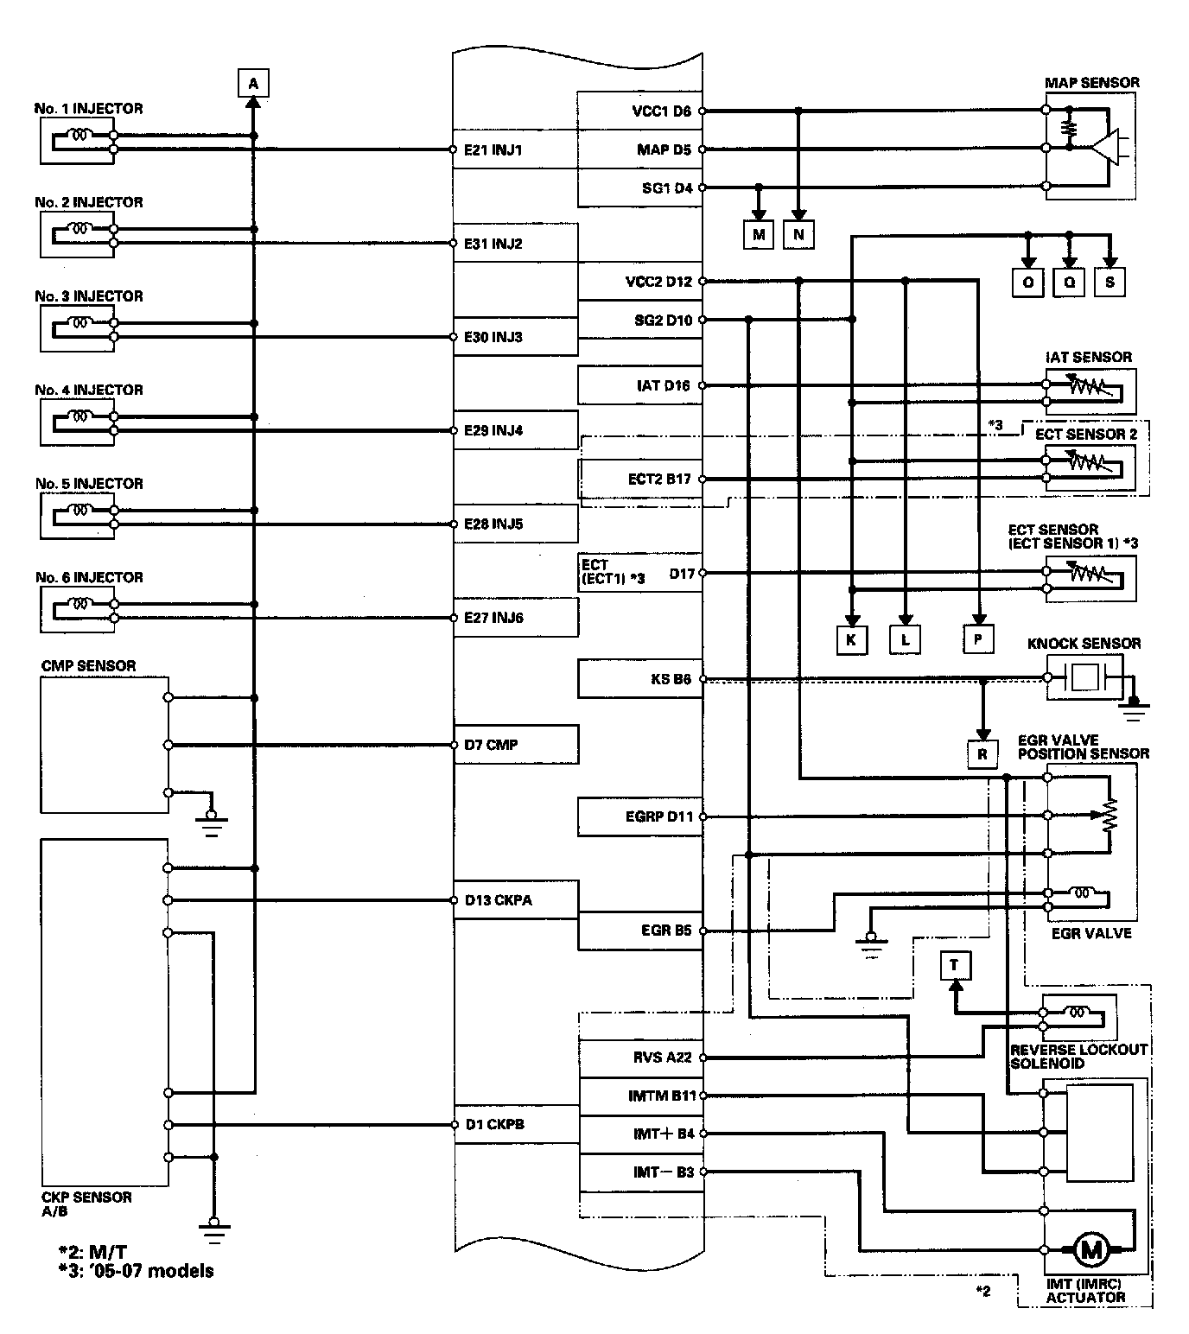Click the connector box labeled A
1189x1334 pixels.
point(253,84)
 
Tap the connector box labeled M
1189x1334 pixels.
point(759,234)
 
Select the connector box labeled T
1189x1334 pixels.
point(955,965)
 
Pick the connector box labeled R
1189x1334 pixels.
point(982,753)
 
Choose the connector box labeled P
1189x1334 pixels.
point(978,639)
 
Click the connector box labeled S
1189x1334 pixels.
point(1110,282)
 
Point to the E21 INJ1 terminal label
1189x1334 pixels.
point(493,150)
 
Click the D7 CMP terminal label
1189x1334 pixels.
point(491,745)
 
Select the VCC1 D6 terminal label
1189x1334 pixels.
point(662,111)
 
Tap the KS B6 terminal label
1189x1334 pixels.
point(671,680)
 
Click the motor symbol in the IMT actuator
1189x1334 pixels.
point(1090,1248)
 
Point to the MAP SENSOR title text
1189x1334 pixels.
point(1092,83)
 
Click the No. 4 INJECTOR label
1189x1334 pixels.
point(89,391)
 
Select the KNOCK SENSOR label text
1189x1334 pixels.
point(1084,644)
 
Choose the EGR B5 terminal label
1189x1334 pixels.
point(666,931)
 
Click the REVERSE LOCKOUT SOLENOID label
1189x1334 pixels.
point(1078,1056)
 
